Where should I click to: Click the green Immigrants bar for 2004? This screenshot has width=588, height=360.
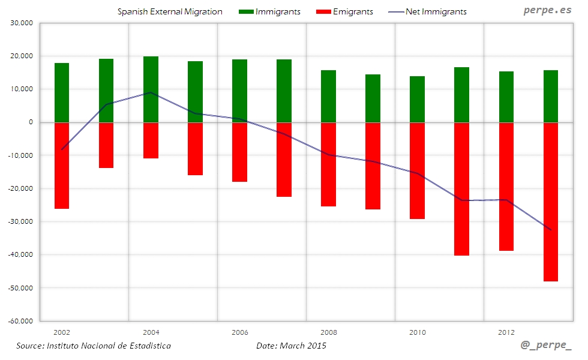(151, 89)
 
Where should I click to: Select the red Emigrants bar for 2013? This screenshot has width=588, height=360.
(551, 202)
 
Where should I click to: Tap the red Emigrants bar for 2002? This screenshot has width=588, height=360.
(62, 166)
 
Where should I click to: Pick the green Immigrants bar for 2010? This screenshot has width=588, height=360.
(418, 99)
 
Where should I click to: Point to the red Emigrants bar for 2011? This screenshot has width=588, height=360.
(461, 189)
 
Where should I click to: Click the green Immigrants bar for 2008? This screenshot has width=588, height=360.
(328, 96)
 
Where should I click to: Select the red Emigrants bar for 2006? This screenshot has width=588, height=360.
(239, 152)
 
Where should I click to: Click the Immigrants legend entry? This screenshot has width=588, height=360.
(270, 11)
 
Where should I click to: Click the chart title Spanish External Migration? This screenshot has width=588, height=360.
(170, 11)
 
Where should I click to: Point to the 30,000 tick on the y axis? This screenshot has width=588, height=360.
(20, 23)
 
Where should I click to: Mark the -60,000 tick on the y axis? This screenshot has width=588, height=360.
(19, 321)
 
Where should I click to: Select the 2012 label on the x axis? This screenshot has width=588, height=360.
(506, 332)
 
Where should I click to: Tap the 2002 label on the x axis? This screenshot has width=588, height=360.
(62, 332)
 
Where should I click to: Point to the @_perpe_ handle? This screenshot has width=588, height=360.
(546, 346)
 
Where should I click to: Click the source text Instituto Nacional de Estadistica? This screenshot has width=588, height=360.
(94, 346)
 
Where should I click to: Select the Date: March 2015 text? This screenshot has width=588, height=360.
(291, 346)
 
